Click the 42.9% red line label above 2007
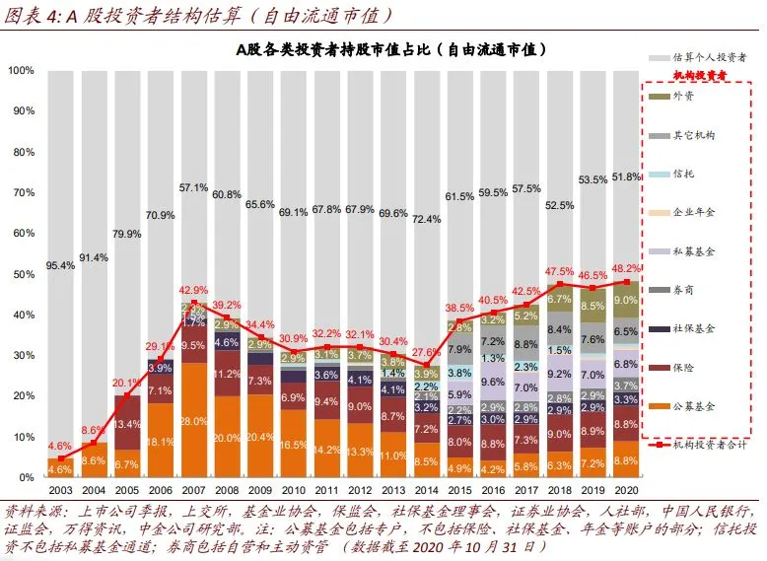[192, 290]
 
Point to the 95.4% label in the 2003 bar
[60, 266]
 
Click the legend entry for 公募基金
[696, 405]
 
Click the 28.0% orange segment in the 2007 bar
[194, 421]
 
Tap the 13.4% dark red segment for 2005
[127, 425]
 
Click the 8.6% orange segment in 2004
[94, 460]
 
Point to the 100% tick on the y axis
[22, 71]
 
